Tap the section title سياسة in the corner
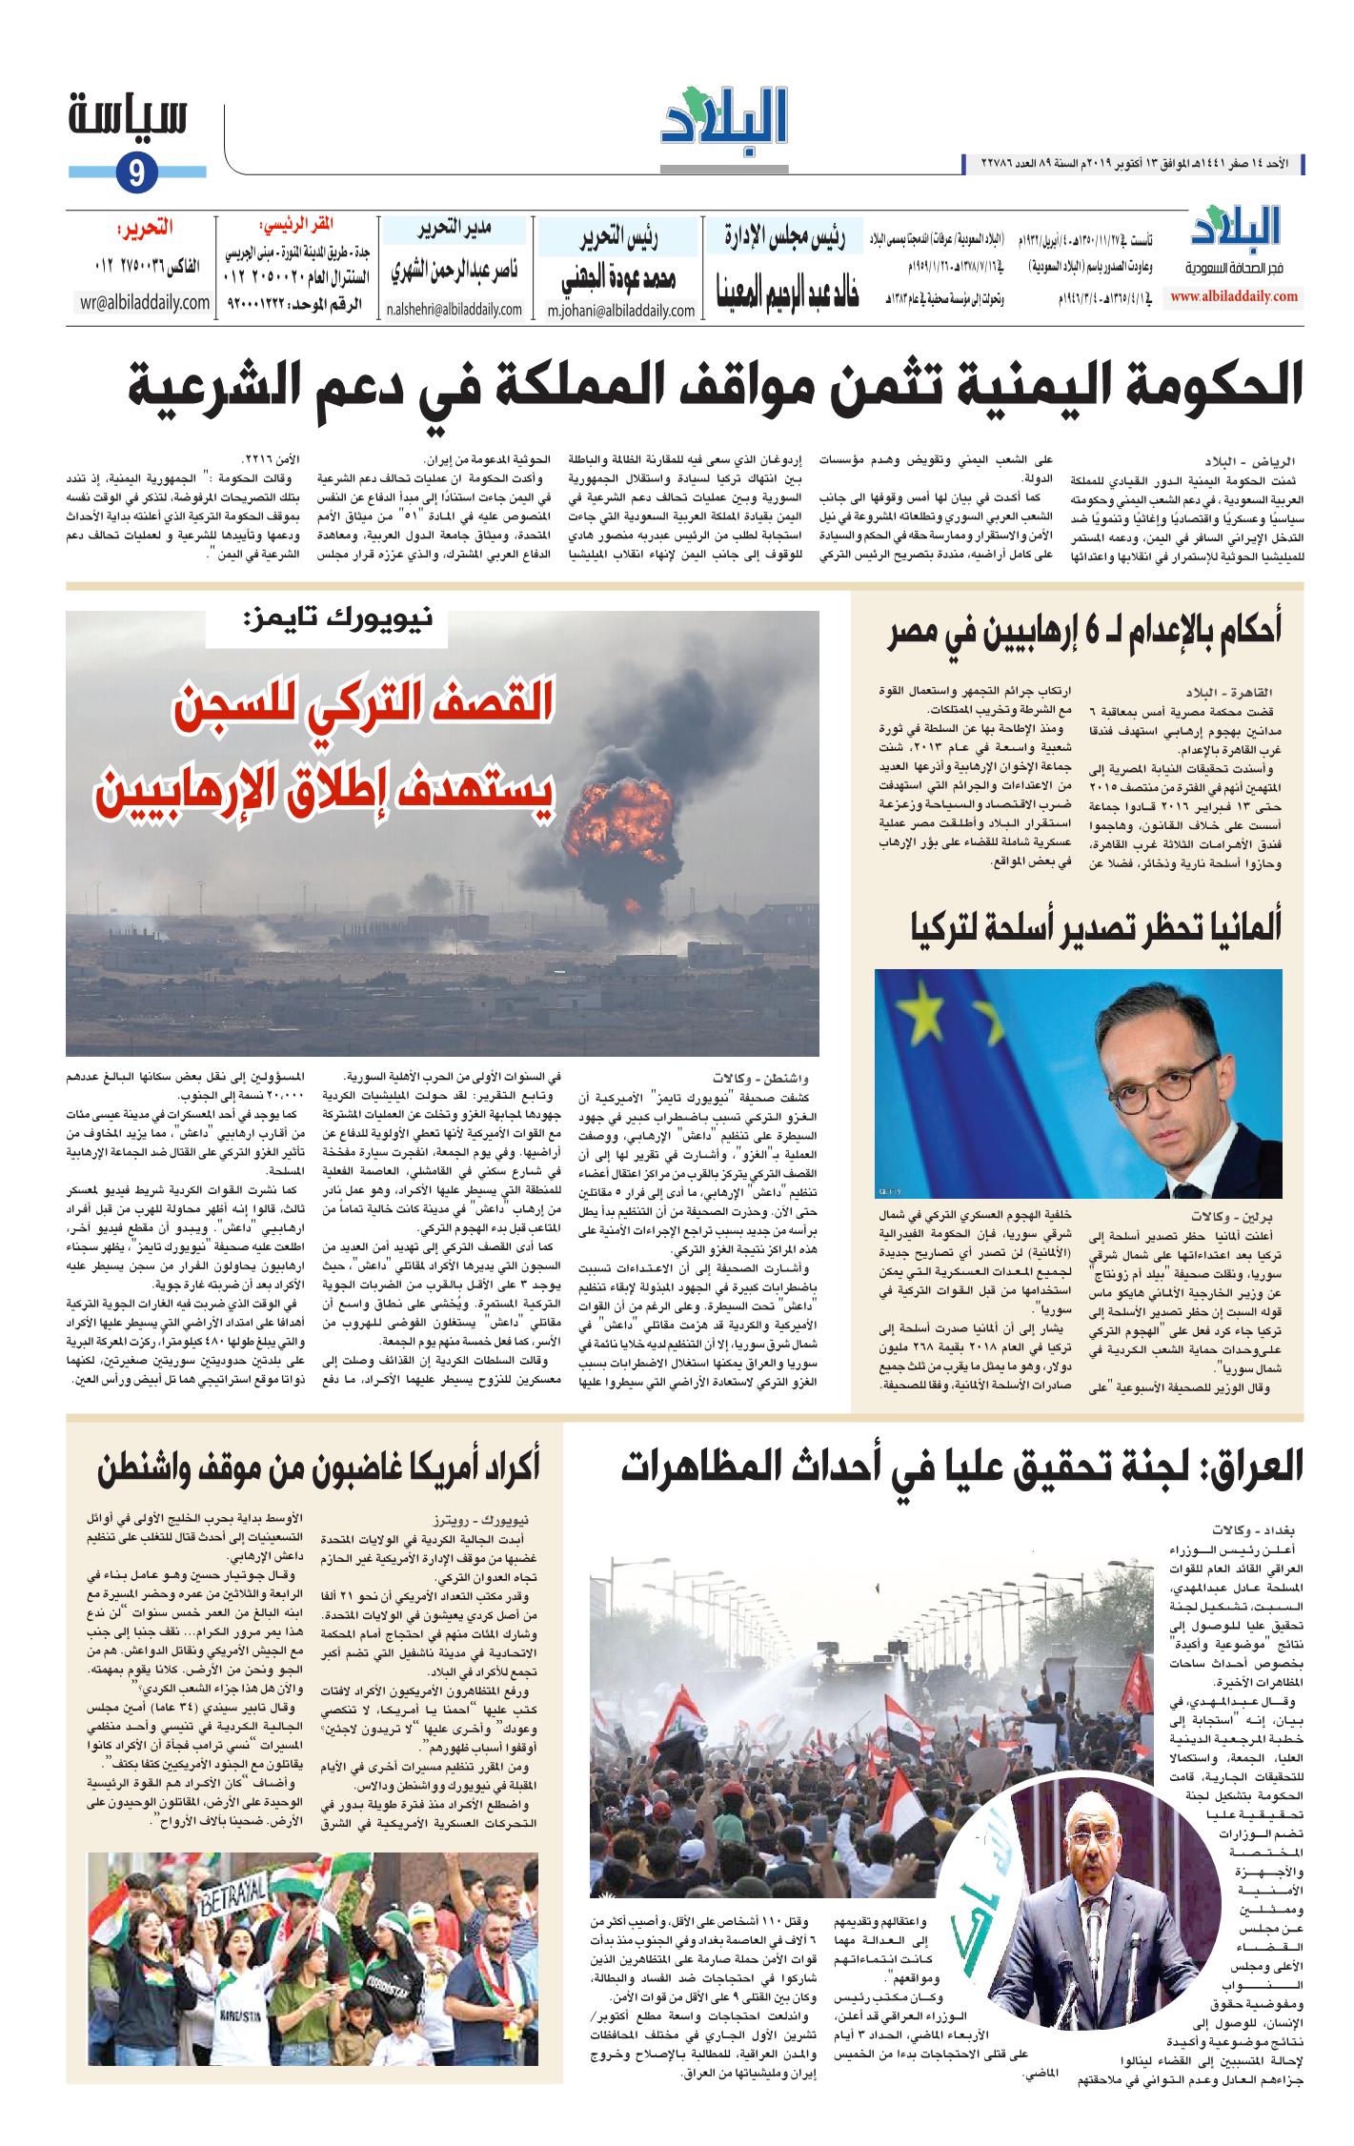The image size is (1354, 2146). click(129, 119)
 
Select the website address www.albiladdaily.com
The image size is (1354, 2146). click(1234, 296)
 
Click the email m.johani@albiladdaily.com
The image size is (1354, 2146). click(620, 310)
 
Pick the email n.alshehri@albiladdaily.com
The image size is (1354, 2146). click(455, 310)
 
